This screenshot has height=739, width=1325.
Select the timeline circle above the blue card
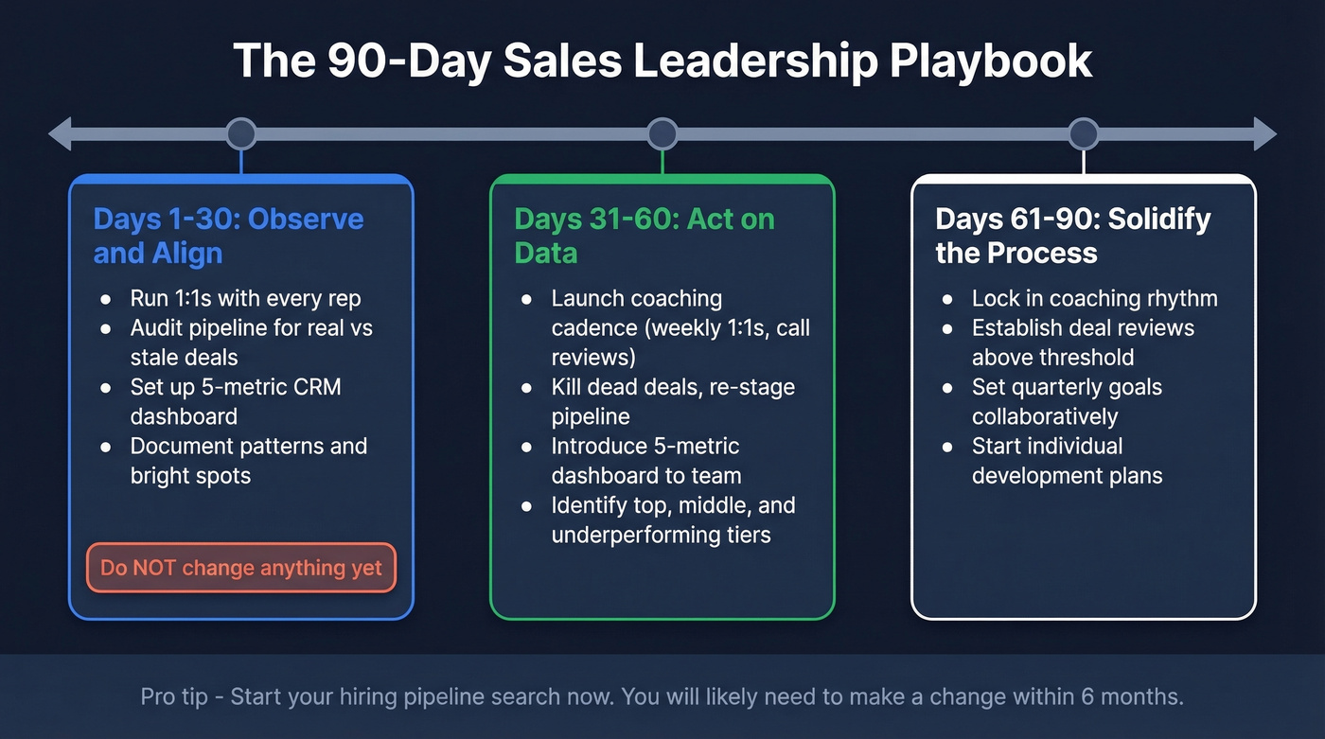(241, 133)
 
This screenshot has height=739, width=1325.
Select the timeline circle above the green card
(662, 133)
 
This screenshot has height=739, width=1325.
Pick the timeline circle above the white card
(1083, 133)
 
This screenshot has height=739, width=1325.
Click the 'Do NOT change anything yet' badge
(241, 568)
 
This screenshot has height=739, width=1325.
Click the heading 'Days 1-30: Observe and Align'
(228, 236)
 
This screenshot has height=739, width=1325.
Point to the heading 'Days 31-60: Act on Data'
(645, 236)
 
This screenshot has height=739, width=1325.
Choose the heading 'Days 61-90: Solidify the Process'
(1072, 236)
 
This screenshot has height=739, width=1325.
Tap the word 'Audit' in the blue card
(157, 328)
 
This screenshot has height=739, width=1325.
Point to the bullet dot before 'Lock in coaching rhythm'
(947, 299)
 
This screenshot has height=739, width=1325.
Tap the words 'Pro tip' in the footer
(176, 697)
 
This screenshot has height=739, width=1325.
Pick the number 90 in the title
(356, 62)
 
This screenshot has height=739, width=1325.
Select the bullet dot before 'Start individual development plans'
(947, 446)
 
